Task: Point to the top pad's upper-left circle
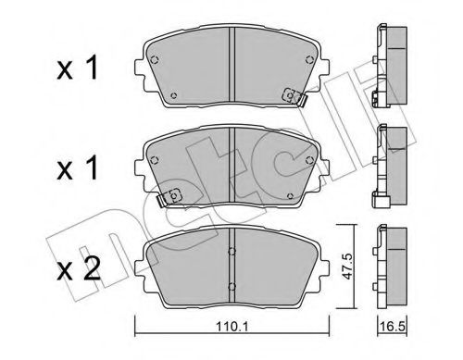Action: (x=155, y=62)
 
